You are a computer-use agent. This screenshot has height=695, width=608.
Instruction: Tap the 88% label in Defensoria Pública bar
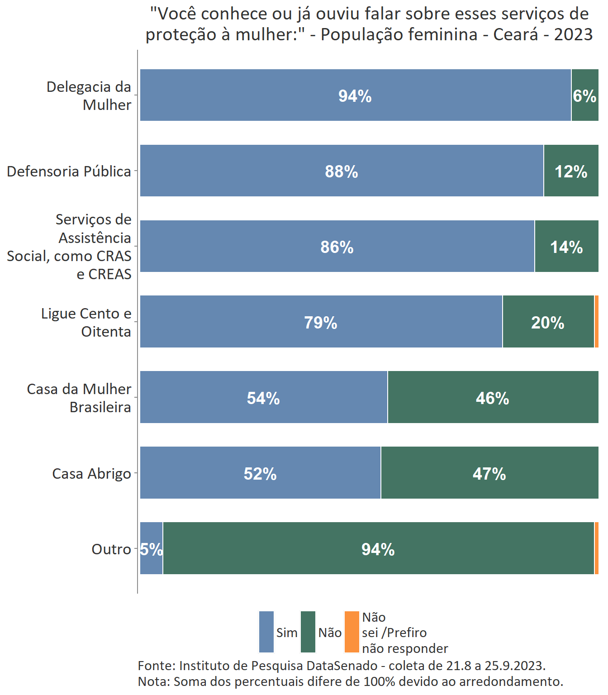(342, 171)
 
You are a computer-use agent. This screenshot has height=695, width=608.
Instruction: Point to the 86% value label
(337, 247)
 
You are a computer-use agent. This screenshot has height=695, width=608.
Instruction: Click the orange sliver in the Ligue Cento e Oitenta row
(597, 322)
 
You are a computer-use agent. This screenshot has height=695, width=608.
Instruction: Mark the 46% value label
(492, 398)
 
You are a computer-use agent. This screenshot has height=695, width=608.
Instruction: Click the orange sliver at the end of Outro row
(597, 548)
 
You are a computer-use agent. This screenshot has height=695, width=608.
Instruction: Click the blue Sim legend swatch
(266, 632)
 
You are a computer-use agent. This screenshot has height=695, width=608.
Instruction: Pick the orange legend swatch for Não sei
(351, 632)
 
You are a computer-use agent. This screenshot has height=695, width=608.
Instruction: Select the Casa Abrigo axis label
(91, 473)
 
